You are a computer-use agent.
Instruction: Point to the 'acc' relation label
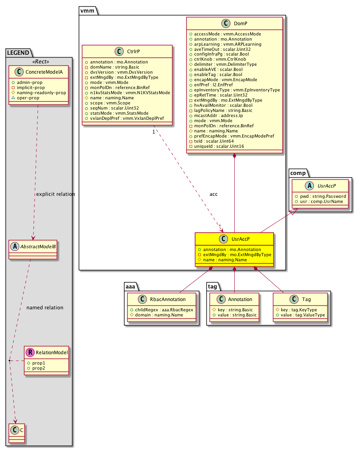(x=214, y=194)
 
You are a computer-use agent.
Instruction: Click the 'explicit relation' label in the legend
(x=56, y=194)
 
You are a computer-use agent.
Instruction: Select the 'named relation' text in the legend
(x=45, y=307)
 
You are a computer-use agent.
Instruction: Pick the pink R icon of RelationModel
(x=30, y=353)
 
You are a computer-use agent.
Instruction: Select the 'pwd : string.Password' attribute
(x=322, y=196)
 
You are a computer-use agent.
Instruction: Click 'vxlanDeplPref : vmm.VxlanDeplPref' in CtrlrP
(x=127, y=118)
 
